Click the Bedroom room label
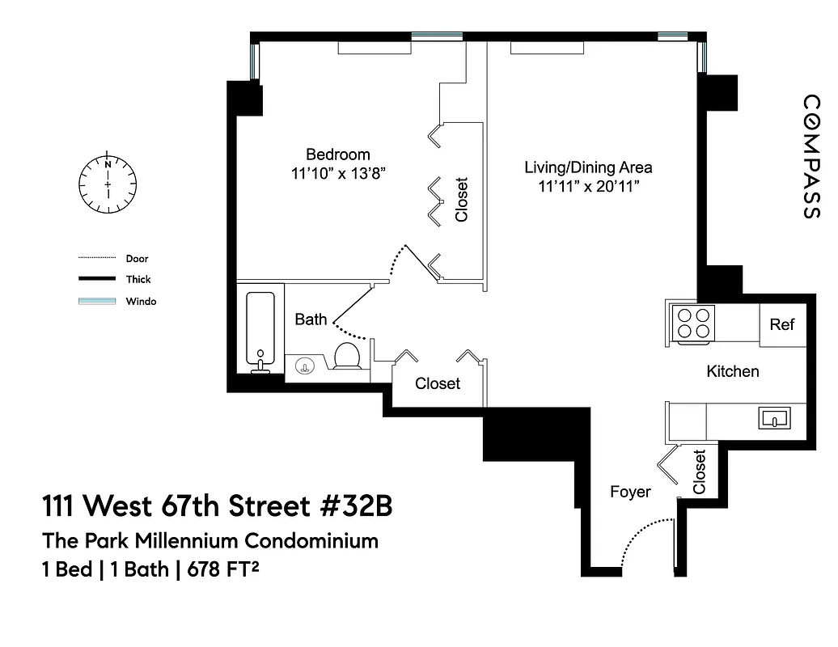pos(337,154)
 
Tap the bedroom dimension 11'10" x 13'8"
pos(337,172)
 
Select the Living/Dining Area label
pos(588,168)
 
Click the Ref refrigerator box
pos(782,324)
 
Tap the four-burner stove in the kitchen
pos(693,323)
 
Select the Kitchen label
pos(733,371)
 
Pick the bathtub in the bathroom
pos(260,329)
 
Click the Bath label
pos(311,319)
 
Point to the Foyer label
pos(630,491)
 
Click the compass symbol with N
pos(108,184)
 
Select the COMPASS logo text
pos(811,157)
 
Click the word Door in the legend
pos(137,259)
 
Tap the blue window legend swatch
pos(97,301)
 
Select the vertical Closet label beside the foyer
pos(700,472)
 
